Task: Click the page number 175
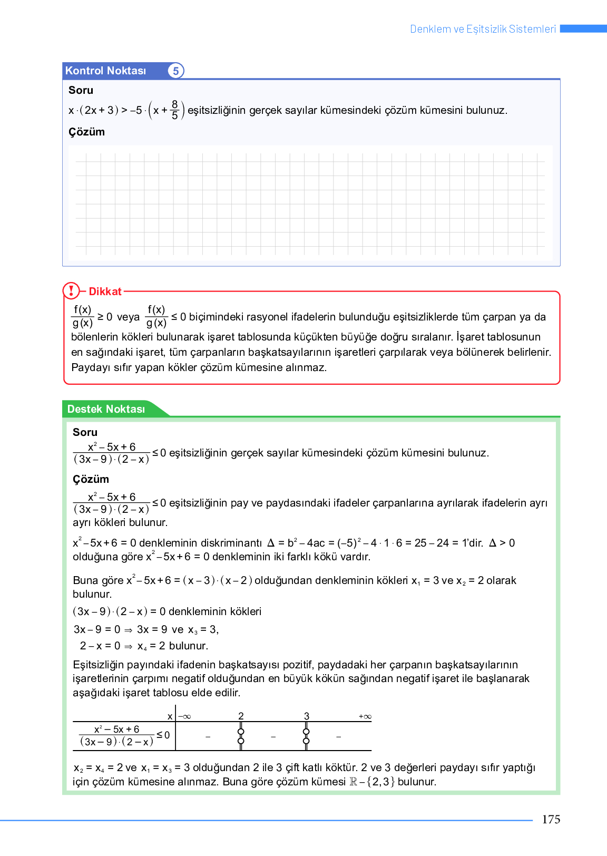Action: click(x=551, y=819)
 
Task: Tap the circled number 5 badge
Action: click(x=176, y=71)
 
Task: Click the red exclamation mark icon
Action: click(x=71, y=290)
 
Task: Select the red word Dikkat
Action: click(x=105, y=291)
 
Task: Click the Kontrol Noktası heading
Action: click(x=105, y=71)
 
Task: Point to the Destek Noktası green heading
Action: click(x=106, y=409)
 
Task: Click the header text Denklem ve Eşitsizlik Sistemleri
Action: click(x=483, y=29)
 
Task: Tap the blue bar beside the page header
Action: click(x=583, y=28)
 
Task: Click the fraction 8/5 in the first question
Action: click(x=175, y=110)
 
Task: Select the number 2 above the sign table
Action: click(x=241, y=716)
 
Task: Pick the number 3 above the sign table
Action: click(x=307, y=716)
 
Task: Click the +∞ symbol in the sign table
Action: click(x=365, y=717)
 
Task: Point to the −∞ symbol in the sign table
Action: click(x=184, y=717)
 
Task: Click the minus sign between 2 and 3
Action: click(x=273, y=736)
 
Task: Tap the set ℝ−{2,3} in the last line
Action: click(x=372, y=782)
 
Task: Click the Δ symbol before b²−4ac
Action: click(x=271, y=543)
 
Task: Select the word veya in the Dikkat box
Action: click(x=128, y=317)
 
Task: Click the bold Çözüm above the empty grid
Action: click(x=86, y=132)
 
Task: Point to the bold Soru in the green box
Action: click(x=85, y=432)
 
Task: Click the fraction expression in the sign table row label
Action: click(x=116, y=735)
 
